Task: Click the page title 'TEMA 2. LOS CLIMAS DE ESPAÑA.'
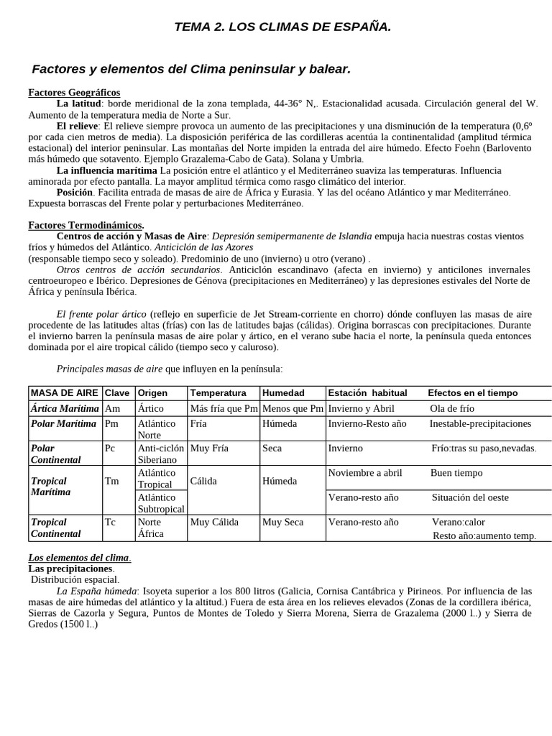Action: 283,27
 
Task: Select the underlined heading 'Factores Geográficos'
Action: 74,93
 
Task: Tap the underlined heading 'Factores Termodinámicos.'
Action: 86,225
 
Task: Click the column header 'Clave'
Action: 117,393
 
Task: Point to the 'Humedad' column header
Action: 283,393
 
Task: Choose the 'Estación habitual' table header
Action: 367,393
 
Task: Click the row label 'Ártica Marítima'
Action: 63,408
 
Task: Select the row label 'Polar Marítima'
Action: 63,423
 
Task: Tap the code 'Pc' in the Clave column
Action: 110,448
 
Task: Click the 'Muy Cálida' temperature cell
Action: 213,523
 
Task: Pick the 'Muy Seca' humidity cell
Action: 283,523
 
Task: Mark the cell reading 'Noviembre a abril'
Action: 365,473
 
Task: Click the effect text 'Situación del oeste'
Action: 470,497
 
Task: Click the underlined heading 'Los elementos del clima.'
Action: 80,558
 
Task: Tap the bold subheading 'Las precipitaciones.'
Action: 70,569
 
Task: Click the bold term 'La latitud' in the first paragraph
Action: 80,103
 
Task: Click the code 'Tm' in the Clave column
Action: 111,482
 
